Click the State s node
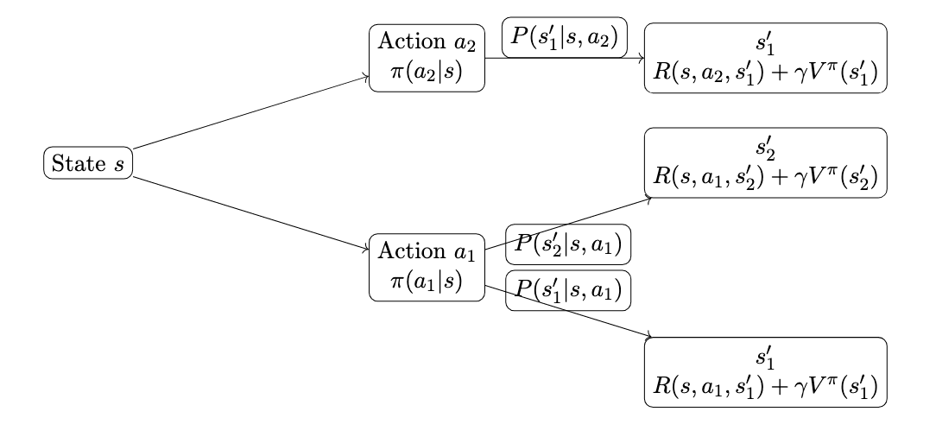pos(87,163)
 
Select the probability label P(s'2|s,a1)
pos(568,245)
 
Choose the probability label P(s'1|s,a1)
pos(568,291)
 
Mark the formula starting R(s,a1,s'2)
pos(765,175)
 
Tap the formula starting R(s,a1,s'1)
pos(765,384)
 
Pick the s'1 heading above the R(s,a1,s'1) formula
pos(765,357)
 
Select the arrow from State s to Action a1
pos(250,214)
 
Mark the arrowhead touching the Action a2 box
pos(365,77)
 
